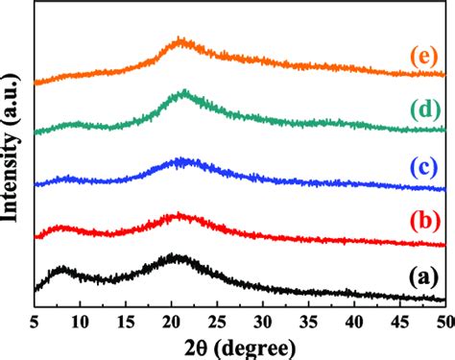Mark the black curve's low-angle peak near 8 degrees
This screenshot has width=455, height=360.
coord(62,270)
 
